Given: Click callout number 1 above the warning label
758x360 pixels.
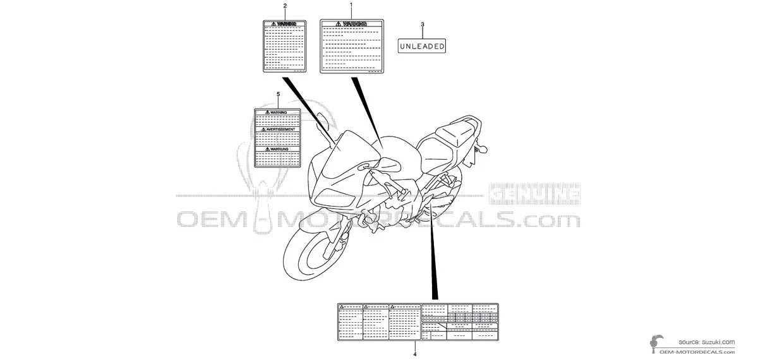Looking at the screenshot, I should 351,5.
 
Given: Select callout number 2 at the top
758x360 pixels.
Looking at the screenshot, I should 284,6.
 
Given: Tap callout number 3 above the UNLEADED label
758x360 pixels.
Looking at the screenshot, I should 422,25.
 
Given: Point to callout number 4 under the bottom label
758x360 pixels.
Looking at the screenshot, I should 415,355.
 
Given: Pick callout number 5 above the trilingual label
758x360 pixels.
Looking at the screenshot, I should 278,93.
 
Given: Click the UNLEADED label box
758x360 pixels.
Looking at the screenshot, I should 422,46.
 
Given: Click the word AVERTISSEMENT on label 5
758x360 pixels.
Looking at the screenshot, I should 280,129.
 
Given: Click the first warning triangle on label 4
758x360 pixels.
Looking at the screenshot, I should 342,306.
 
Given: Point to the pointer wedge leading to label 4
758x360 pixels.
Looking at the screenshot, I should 433,265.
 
